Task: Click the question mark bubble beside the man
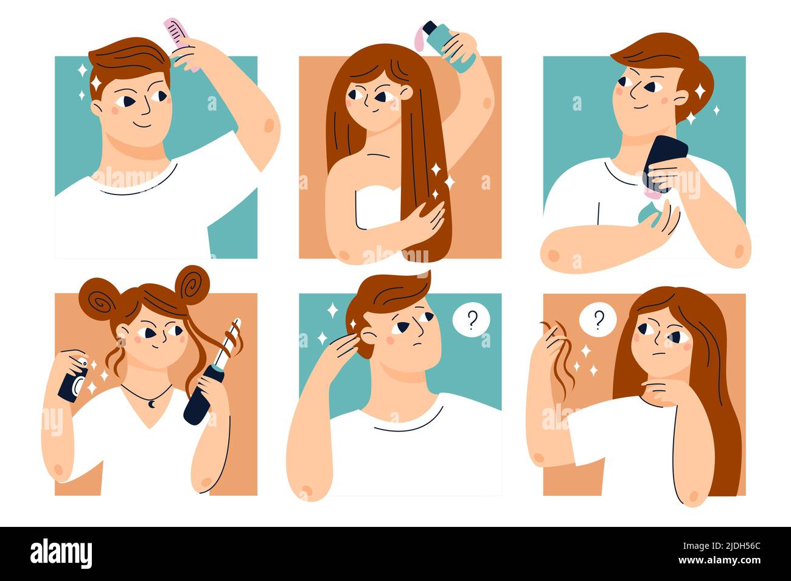click(470, 320)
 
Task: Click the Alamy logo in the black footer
click(61, 554)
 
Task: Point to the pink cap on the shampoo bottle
click(420, 36)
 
